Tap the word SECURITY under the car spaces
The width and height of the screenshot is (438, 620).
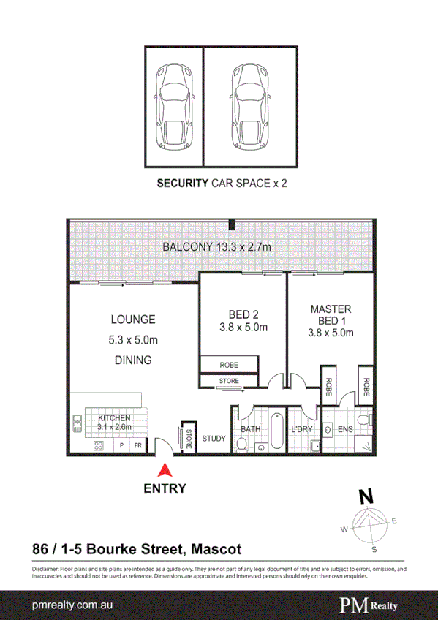point(183,184)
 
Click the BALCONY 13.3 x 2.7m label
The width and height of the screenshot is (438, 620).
point(216,248)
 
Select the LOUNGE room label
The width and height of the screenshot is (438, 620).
point(132,320)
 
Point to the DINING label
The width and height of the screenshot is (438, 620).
point(132,360)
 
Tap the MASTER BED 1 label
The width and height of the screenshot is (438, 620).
point(331,315)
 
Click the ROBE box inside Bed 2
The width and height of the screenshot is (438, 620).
point(229,364)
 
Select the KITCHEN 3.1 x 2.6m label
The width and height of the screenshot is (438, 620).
point(114,423)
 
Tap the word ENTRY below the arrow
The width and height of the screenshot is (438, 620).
point(165,488)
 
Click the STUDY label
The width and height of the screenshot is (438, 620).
point(214,439)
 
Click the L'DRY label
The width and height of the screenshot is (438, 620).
point(301,429)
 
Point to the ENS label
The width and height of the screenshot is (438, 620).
point(344,429)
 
